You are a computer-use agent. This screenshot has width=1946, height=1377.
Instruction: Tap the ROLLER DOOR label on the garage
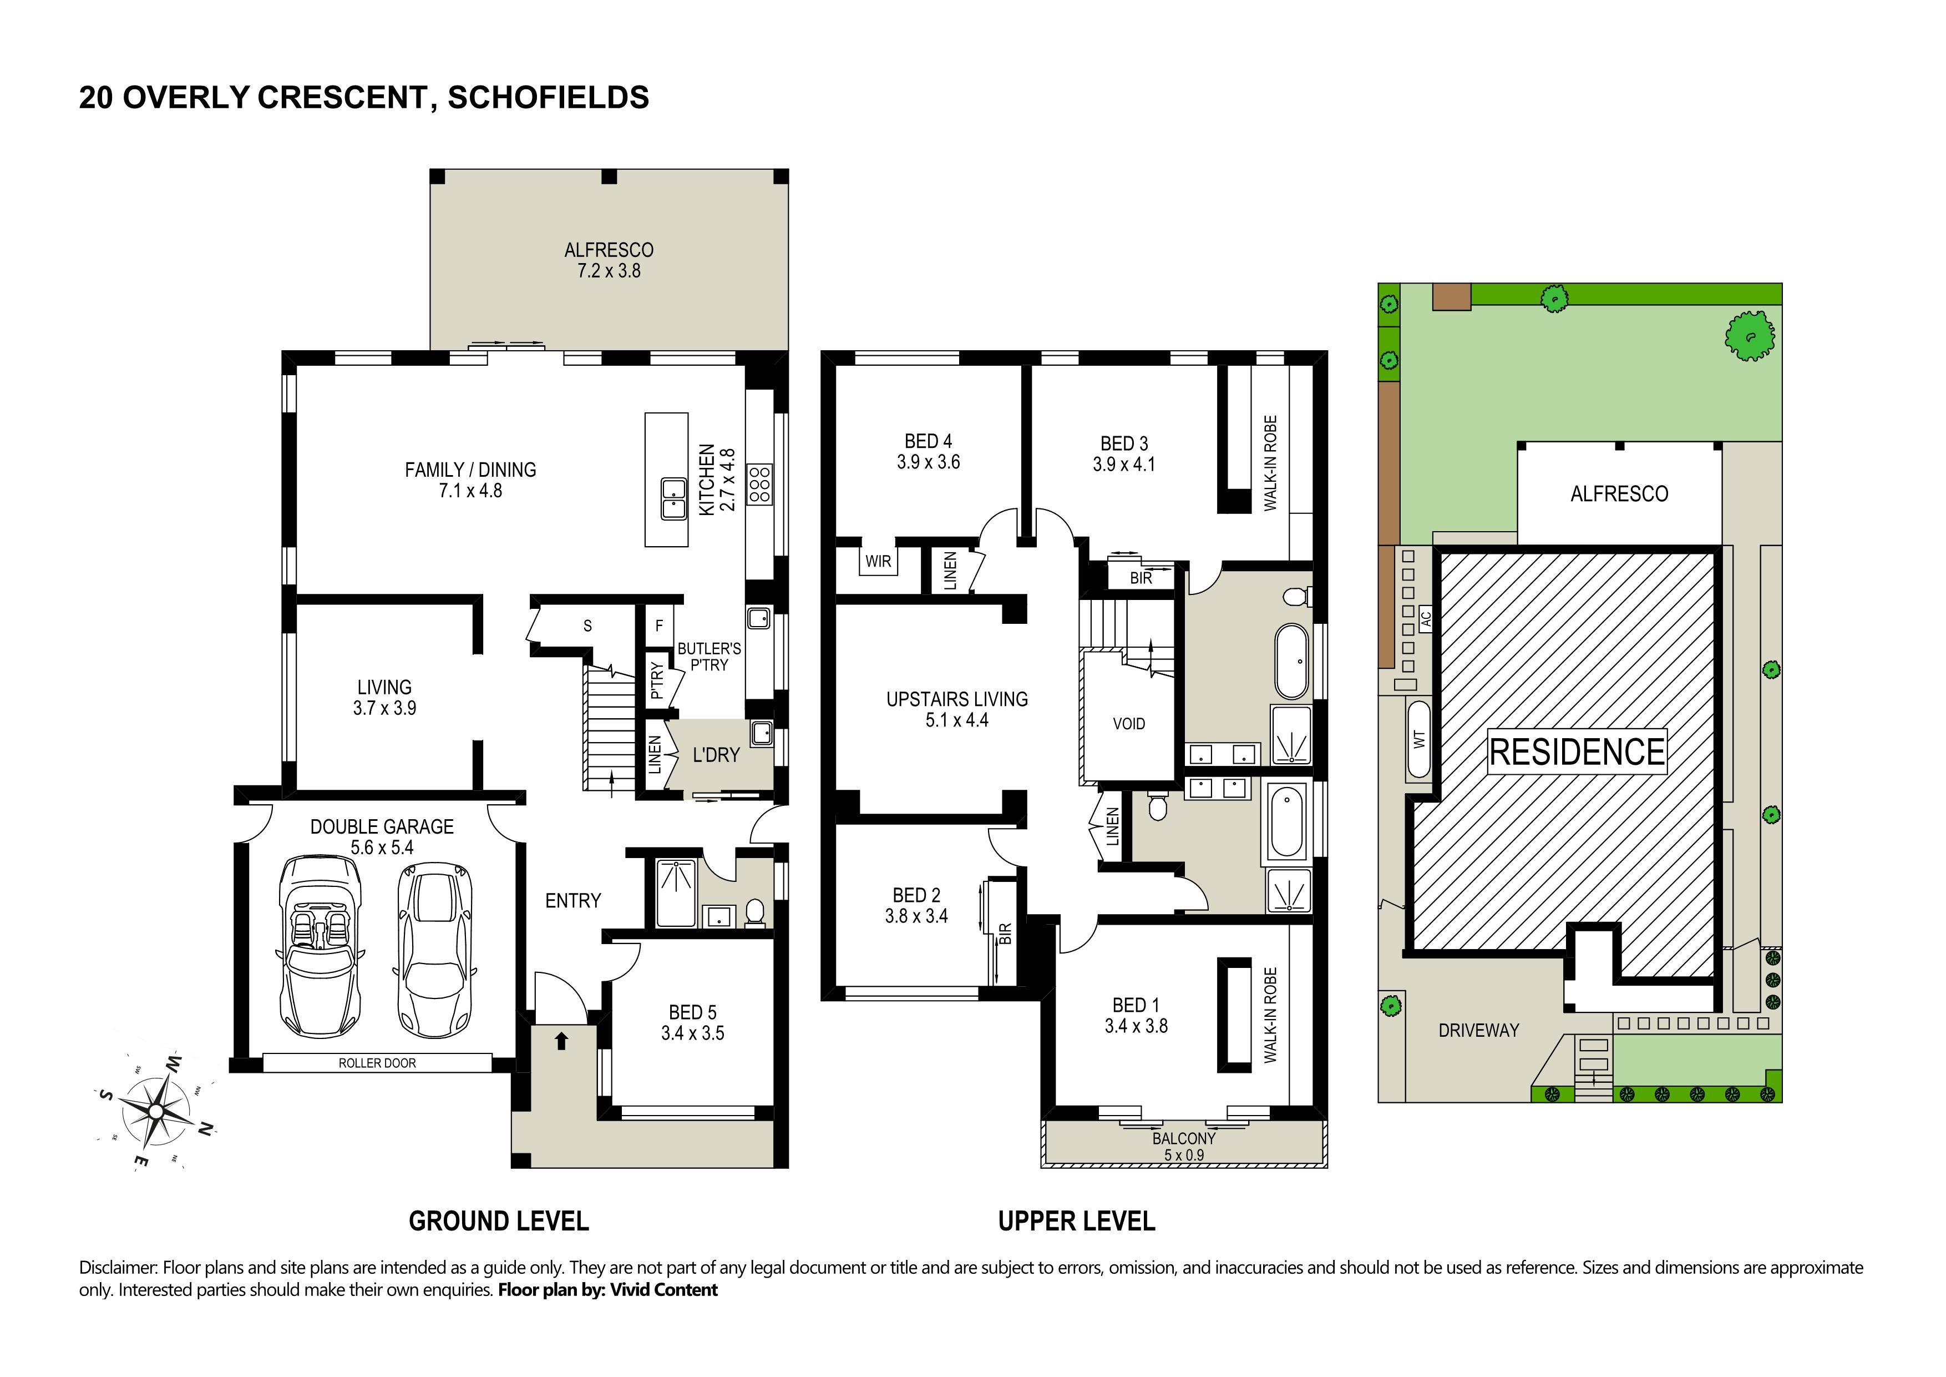pos(377,1063)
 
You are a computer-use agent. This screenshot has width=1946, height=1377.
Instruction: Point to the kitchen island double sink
pos(674,498)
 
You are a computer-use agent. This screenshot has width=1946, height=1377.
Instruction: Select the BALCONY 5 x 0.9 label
pos(1184,1146)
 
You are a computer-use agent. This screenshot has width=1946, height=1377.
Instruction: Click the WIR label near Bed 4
pos(878,561)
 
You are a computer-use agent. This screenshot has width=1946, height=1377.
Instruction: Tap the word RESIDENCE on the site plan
pos(1577,752)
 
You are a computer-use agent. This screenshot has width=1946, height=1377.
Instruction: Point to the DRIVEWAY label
pos(1479,1030)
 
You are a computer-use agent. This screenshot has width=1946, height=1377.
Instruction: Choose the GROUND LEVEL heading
pos(498,1221)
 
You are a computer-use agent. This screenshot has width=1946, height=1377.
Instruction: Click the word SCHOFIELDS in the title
pos(549,98)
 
